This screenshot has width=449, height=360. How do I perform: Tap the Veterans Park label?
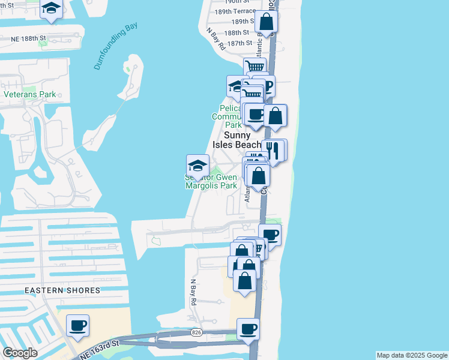pos(29,94)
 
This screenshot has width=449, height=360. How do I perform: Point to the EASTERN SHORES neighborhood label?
pos(62,290)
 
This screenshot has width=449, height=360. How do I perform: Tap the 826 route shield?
pos(196,332)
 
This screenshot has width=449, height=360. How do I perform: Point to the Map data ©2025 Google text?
pos(411,355)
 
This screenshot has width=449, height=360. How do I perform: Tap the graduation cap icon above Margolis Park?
pos(197,164)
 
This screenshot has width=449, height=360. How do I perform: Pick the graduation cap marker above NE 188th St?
pos(52,8)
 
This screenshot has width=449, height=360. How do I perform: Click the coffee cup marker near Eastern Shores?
pos(78,326)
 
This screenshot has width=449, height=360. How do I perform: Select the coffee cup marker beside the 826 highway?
pos(248,328)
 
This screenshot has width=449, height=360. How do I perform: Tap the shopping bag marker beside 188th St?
pos(266,22)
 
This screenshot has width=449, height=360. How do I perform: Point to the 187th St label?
pos(240,43)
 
